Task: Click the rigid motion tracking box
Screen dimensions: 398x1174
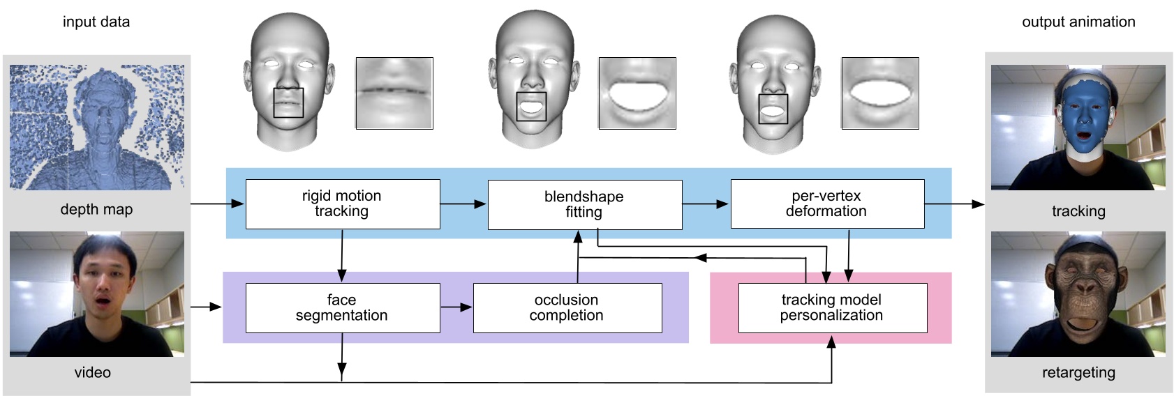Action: (342, 204)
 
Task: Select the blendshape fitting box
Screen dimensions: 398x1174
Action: (584, 204)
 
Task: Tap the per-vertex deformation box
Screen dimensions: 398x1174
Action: (826, 204)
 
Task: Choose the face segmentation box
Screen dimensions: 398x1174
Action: (342, 307)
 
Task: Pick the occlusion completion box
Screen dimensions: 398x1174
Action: (567, 307)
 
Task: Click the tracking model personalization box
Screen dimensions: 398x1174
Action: (832, 307)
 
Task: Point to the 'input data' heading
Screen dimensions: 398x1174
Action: (96, 22)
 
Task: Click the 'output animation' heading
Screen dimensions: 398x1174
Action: (1078, 22)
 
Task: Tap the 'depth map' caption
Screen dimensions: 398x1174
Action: (96, 209)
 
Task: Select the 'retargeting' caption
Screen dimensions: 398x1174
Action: (1078, 372)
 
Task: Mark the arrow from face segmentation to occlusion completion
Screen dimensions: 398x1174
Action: (456, 307)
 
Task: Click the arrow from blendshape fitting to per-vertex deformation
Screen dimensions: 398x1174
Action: (706, 204)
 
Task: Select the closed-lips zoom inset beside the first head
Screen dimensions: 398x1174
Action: (394, 93)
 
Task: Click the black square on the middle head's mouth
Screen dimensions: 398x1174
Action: (531, 107)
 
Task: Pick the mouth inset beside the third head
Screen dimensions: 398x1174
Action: (879, 93)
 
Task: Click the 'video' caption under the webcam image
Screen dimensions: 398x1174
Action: (93, 372)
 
